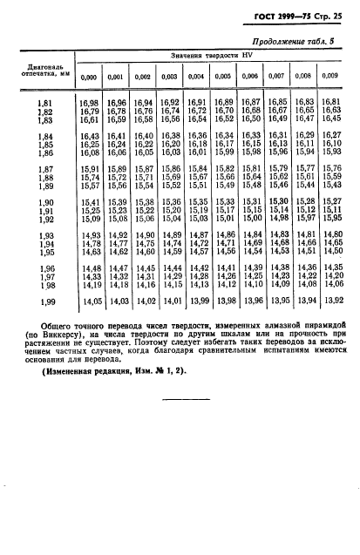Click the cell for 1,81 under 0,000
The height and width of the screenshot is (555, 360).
point(89,104)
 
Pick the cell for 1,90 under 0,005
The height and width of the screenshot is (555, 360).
point(224,203)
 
